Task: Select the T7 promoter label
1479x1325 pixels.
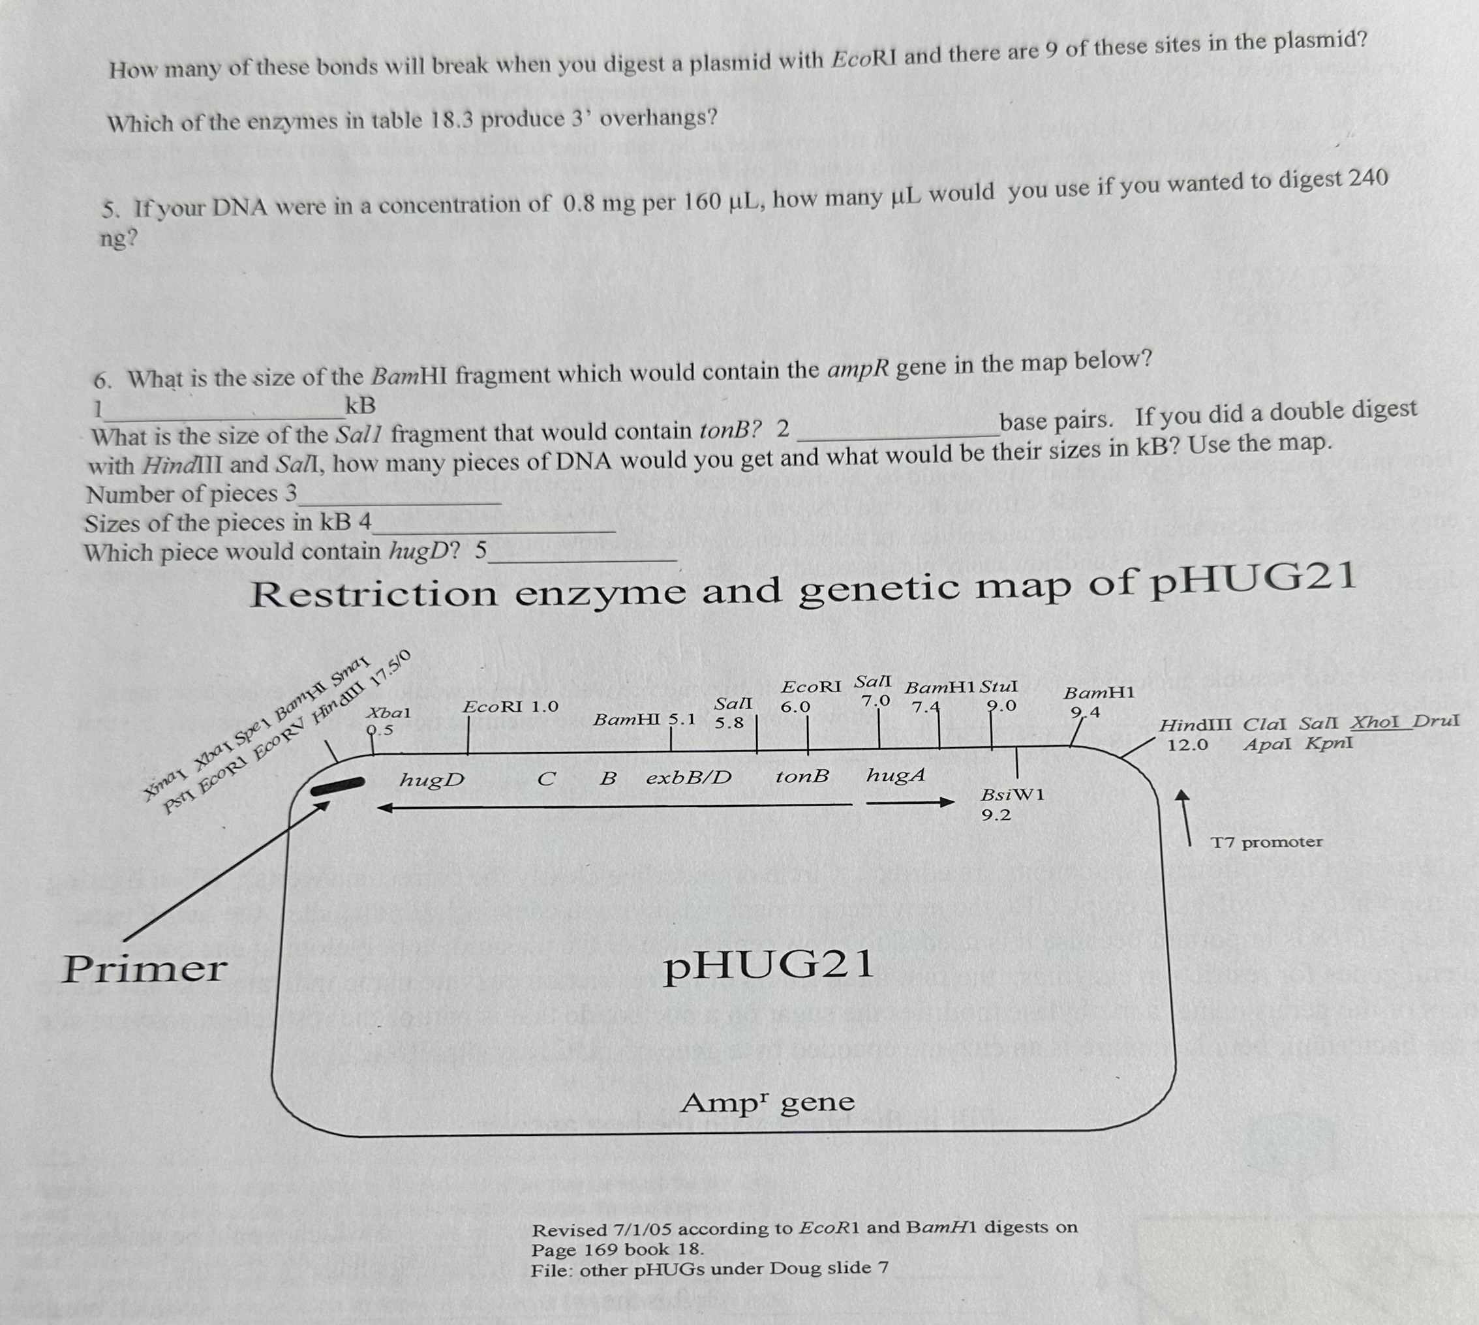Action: [x=1266, y=842]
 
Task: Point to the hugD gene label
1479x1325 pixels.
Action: [x=432, y=780]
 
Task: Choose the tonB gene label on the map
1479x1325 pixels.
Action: [x=801, y=777]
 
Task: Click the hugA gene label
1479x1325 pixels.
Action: [x=895, y=775]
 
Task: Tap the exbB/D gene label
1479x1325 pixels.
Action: [x=688, y=778]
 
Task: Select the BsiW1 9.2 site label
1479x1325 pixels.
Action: [x=1012, y=804]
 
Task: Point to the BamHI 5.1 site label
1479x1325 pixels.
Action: [x=644, y=720]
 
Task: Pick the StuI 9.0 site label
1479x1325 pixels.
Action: [x=999, y=696]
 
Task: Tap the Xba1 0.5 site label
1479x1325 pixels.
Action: [x=388, y=721]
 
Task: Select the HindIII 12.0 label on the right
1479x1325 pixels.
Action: [x=1195, y=735]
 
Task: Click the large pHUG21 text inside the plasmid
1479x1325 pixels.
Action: [x=768, y=966]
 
